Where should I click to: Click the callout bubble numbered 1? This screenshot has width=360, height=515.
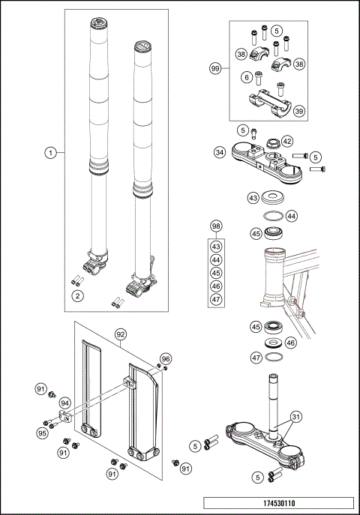tap(50, 152)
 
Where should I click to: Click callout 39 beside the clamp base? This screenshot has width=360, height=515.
tap(298, 111)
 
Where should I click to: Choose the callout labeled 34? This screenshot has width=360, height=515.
tap(219, 152)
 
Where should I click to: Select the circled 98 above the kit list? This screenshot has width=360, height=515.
tap(216, 226)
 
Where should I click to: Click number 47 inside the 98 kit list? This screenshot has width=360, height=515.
tap(216, 299)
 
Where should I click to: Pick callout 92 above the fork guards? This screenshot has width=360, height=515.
tap(119, 333)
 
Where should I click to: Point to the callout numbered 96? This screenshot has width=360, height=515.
tap(166, 358)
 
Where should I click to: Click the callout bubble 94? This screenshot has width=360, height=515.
tap(65, 403)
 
